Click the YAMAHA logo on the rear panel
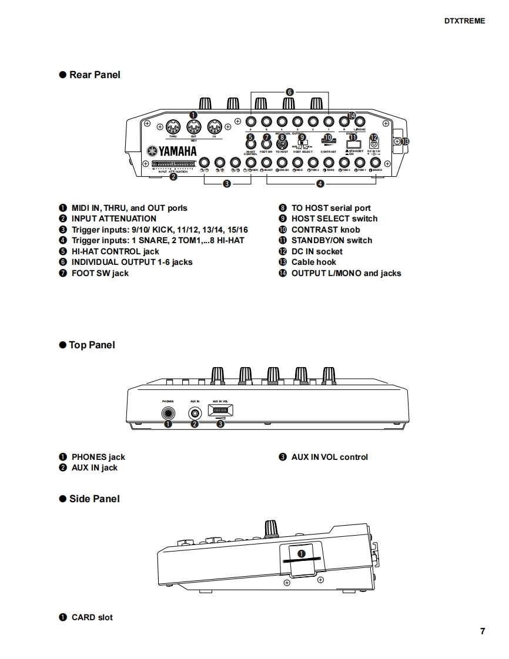[172, 152]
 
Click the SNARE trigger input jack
[376, 163]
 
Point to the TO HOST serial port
[282, 144]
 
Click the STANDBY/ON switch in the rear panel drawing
[353, 144]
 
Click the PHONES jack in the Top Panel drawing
[169, 413]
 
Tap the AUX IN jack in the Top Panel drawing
[195, 413]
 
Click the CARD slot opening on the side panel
[302, 560]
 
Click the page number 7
[483, 631]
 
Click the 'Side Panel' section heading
[94, 499]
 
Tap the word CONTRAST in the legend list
[315, 230]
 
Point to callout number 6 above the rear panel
[289, 92]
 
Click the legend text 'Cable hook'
[314, 262]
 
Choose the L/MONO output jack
[360, 122]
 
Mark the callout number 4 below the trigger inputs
[320, 184]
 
